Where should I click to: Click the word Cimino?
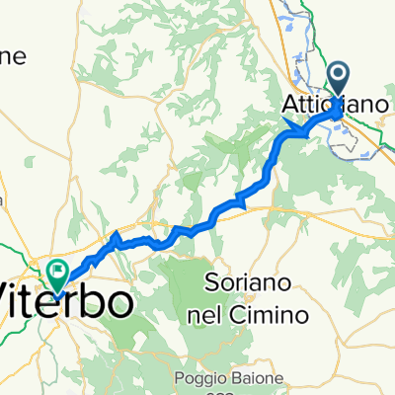276,314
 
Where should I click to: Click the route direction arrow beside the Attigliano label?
293,125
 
